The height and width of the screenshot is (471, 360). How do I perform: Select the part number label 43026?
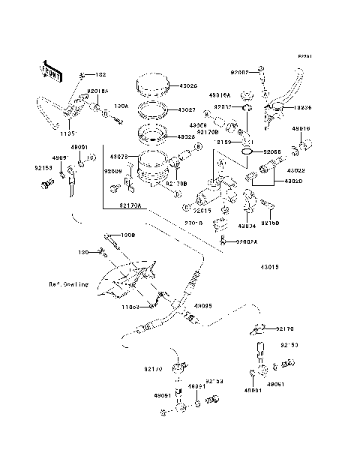pos(187,87)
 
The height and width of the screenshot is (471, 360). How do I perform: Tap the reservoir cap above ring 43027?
pos(154,85)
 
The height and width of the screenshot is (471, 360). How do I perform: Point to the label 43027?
pos(187,110)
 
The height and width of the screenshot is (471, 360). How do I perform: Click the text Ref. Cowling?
pos(70,284)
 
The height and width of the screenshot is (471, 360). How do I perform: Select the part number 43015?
pos(271,267)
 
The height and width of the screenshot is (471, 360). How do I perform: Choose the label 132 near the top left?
pos(100,76)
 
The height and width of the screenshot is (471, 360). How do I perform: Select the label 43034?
pos(247,225)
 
